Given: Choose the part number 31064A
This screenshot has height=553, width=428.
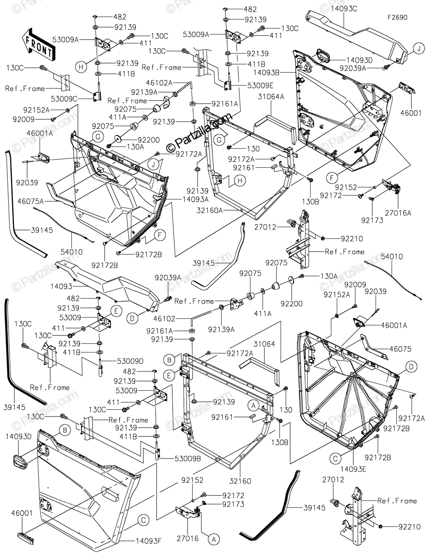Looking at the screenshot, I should pyautogui.click(x=271, y=97).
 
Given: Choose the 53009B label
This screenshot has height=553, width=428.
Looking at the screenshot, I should pyautogui.click(x=176, y=459).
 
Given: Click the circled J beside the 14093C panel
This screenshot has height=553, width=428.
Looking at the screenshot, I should pyautogui.click(x=417, y=48).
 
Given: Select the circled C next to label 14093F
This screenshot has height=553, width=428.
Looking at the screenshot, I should pyautogui.click(x=144, y=520).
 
